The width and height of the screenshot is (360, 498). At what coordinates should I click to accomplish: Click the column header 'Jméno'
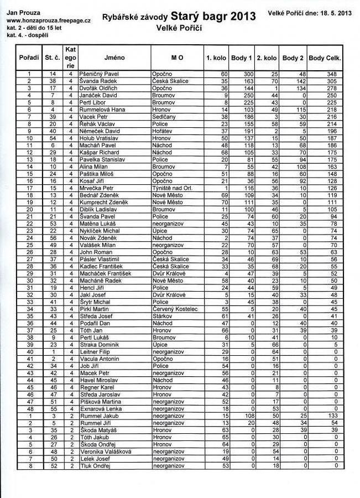tap(114, 58)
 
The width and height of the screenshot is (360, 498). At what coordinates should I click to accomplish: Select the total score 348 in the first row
tap(332, 74)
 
